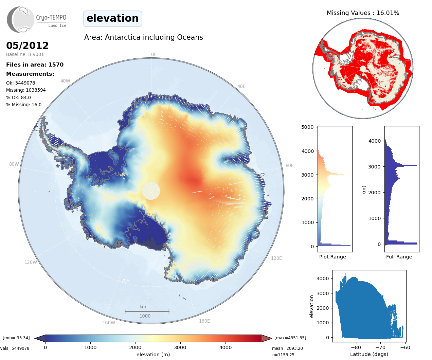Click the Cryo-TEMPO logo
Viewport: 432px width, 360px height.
pyautogui.click(x=37, y=20)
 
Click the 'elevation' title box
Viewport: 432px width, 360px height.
pyautogui.click(x=112, y=18)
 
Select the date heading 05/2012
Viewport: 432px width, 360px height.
pyautogui.click(x=28, y=46)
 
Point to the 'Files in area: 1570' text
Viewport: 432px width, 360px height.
pyautogui.click(x=35, y=65)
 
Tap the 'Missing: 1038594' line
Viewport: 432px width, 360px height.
pyautogui.click(x=26, y=90)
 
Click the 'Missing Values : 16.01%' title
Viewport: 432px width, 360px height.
pyautogui.click(x=363, y=13)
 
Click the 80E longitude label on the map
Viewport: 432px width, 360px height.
pyautogui.click(x=289, y=165)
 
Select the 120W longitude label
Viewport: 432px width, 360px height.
pyautogui.click(x=31, y=262)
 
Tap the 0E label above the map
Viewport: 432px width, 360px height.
pyautogui.click(x=154, y=54)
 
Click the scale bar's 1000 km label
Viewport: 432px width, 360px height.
pyautogui.click(x=145, y=316)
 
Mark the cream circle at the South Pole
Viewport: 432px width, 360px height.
pyautogui.click(x=151, y=191)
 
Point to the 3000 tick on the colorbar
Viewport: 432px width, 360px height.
pyautogui.click(x=180, y=347)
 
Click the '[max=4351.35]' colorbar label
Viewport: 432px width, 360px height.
pyautogui.click(x=290, y=338)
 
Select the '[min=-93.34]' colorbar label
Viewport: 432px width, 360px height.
pyautogui.click(x=16, y=338)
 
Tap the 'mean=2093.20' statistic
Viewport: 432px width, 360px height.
pyautogui.click(x=287, y=348)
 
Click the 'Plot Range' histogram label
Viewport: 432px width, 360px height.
pyautogui.click(x=332, y=257)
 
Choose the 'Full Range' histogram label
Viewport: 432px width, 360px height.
pyautogui.click(x=399, y=257)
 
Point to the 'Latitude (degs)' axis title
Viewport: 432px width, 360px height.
pyautogui.click(x=369, y=354)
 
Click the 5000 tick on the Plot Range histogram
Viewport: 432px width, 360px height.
pyautogui.click(x=307, y=127)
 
